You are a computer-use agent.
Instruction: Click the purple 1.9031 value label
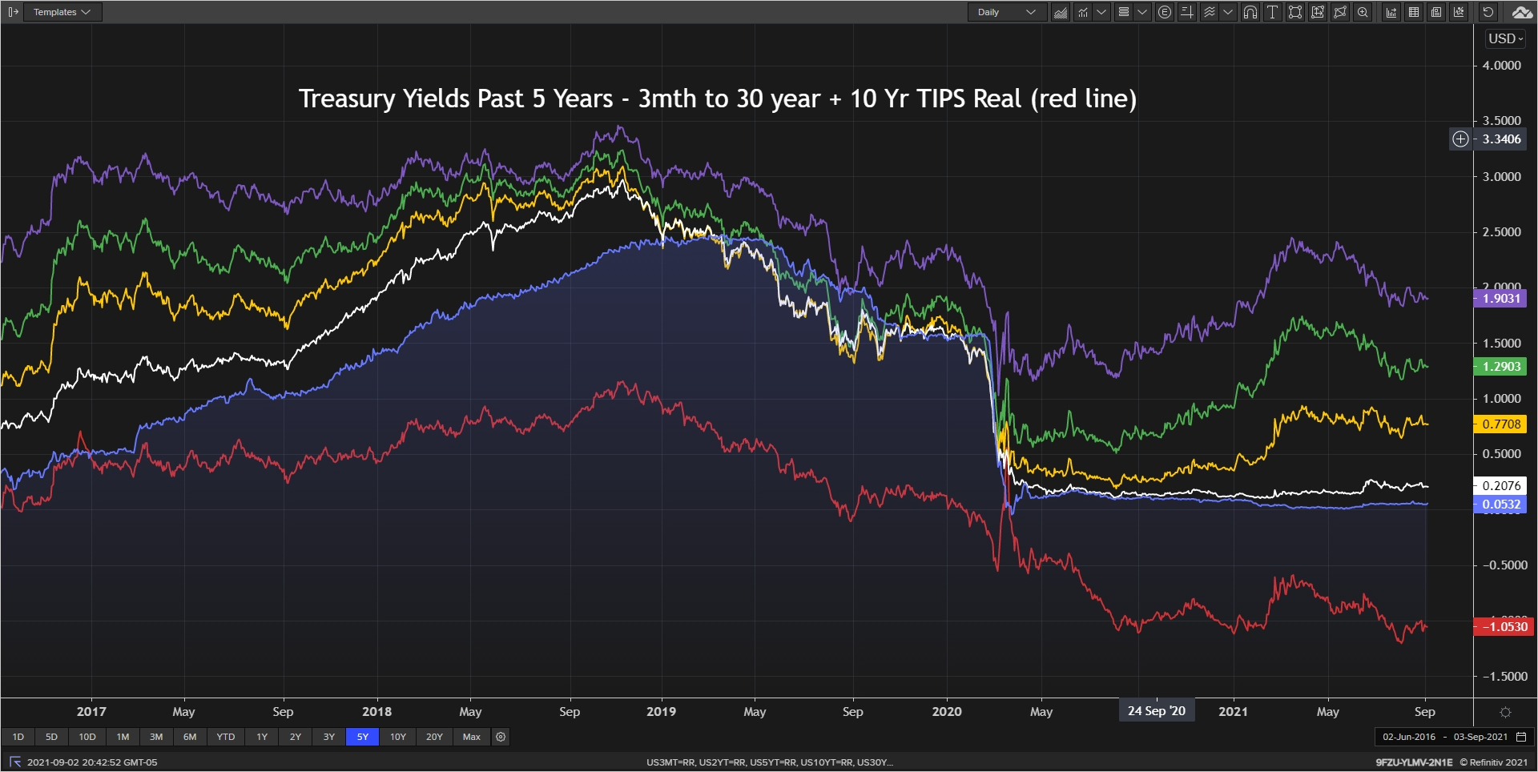[x=1500, y=299]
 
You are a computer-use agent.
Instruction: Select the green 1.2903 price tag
[x=1500, y=367]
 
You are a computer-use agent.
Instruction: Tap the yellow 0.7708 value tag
[x=1500, y=424]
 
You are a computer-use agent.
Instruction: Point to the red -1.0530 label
[x=1504, y=627]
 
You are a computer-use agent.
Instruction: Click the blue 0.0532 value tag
[x=1500, y=505]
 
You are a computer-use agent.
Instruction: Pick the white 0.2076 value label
[x=1500, y=485]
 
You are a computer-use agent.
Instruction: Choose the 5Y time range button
[x=362, y=737]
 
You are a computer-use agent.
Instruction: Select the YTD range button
[x=226, y=737]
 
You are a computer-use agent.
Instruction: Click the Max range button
[x=472, y=737]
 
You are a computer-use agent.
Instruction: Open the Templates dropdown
[x=62, y=12]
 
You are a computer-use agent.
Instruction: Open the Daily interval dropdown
[x=1007, y=12]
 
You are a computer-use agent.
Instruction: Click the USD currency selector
[x=1505, y=38]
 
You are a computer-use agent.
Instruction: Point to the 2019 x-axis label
[x=661, y=711]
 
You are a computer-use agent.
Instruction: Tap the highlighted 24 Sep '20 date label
[x=1156, y=710]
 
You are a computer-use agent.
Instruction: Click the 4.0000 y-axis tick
[x=1501, y=66]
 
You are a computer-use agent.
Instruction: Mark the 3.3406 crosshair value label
[x=1501, y=139]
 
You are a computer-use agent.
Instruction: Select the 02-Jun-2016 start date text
[x=1409, y=737]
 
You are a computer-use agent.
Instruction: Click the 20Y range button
[x=434, y=737]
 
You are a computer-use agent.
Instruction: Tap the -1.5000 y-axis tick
[x=1504, y=677]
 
